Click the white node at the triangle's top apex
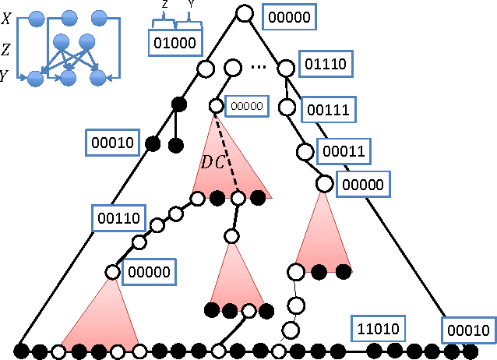click(245, 13)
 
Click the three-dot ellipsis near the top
click(259, 68)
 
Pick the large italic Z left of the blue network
click(6, 50)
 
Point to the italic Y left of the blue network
click(6, 76)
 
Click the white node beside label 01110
click(286, 69)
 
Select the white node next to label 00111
click(287, 107)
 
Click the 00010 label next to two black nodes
click(114, 143)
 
